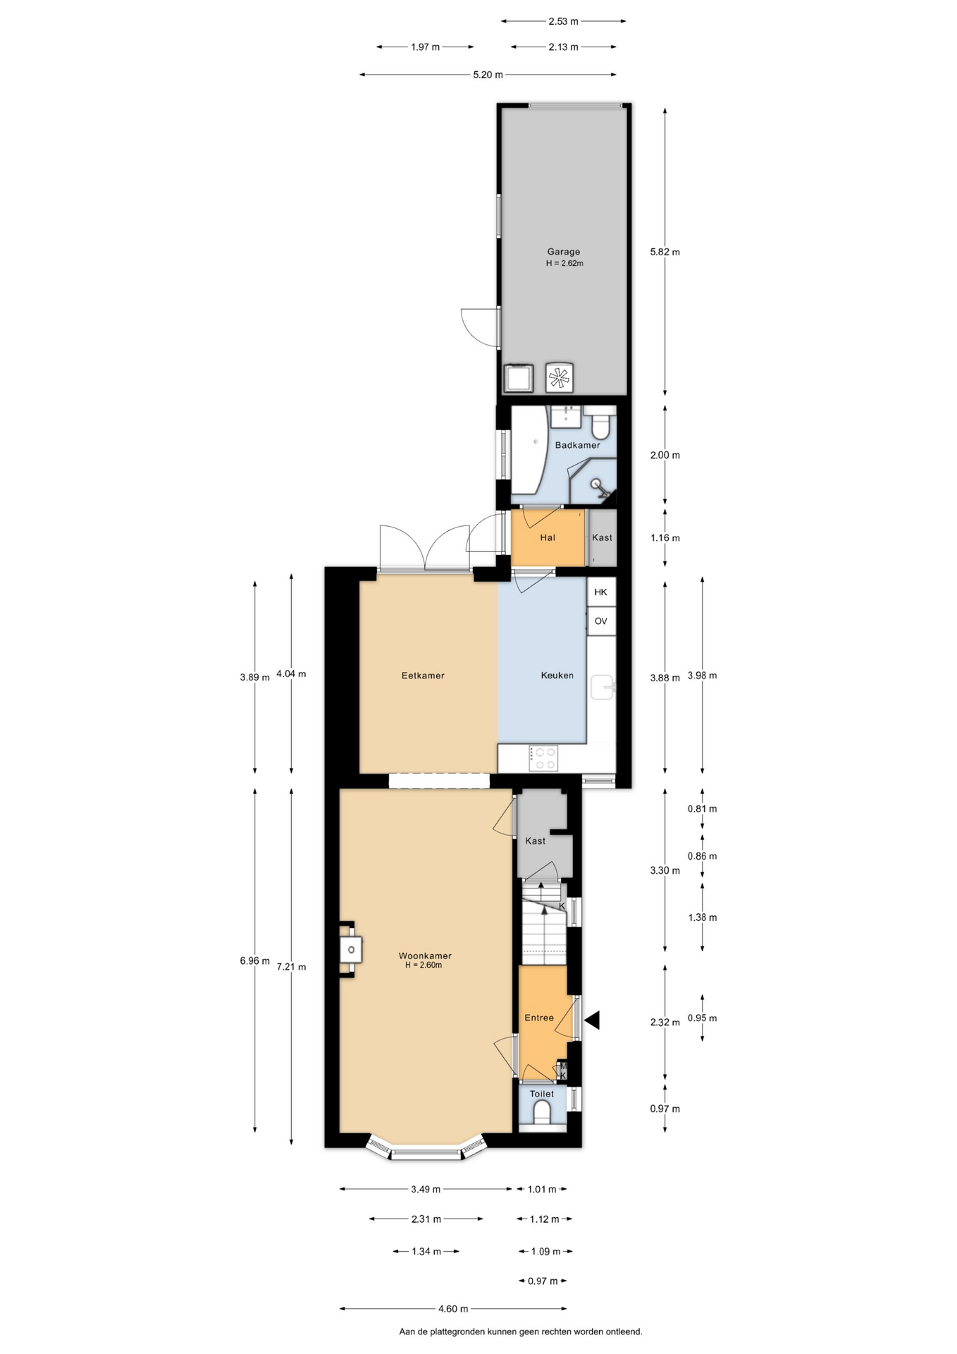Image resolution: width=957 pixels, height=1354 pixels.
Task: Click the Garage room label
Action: (564, 252)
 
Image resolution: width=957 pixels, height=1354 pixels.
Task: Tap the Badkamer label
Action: (578, 445)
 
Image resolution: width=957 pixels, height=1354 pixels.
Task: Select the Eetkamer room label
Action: (423, 676)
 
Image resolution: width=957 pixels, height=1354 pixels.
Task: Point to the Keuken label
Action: (557, 676)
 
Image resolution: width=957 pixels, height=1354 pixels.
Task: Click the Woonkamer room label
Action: (425, 956)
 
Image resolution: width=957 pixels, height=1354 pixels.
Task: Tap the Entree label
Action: (539, 1018)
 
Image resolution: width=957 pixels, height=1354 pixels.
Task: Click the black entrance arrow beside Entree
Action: (591, 1020)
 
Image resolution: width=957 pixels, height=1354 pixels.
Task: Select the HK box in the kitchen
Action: (601, 592)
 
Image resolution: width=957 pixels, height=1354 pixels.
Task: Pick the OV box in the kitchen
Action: (601, 621)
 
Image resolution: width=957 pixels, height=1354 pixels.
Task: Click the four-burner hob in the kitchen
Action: (543, 759)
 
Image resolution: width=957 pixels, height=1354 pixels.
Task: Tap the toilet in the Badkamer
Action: (601, 423)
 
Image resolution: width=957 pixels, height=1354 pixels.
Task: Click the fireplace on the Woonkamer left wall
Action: (350, 949)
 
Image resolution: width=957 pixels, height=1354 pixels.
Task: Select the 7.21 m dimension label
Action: (291, 967)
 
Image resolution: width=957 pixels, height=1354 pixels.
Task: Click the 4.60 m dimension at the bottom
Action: (453, 1309)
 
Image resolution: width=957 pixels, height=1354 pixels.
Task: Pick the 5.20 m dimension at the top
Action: (488, 75)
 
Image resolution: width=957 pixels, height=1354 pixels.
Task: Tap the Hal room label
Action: (548, 538)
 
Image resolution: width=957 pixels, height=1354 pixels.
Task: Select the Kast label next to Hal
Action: (603, 537)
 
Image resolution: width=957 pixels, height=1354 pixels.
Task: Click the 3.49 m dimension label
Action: (426, 1189)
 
